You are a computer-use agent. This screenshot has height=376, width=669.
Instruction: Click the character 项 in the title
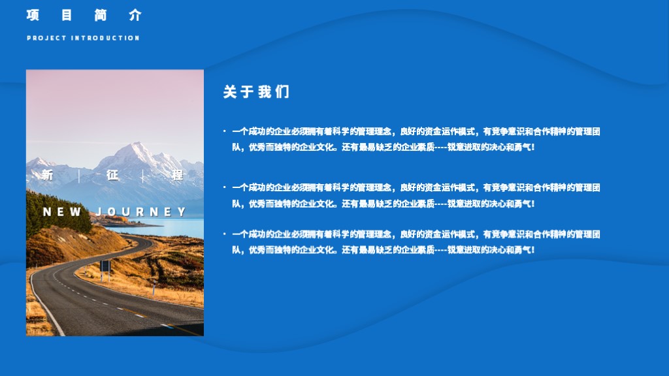tap(33, 16)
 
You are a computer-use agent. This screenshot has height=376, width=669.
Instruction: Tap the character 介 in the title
tap(135, 16)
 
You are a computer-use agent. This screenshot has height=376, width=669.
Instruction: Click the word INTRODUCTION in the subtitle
tap(105, 38)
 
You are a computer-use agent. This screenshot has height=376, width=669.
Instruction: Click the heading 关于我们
tap(256, 91)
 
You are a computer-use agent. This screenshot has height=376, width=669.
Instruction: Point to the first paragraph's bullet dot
tap(225, 131)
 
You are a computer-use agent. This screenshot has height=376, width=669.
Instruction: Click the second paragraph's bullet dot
tap(225, 187)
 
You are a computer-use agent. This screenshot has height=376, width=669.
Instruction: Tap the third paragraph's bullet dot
tap(225, 234)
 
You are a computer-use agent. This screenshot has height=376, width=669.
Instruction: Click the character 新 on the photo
tap(47, 175)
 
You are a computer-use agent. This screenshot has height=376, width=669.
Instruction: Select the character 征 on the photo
tap(112, 175)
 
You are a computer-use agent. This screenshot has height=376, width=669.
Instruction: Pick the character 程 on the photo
tap(178, 175)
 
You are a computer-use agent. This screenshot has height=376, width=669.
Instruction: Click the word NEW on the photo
tap(62, 212)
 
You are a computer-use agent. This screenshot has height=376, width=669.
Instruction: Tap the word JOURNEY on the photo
tap(141, 212)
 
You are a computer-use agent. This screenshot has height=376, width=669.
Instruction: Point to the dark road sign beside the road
tap(105, 266)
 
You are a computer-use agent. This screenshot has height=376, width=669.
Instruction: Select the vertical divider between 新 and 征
tap(79, 176)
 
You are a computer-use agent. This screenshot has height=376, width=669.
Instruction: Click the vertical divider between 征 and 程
tap(142, 176)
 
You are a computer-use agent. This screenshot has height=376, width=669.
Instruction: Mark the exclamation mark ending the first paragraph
tap(533, 147)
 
